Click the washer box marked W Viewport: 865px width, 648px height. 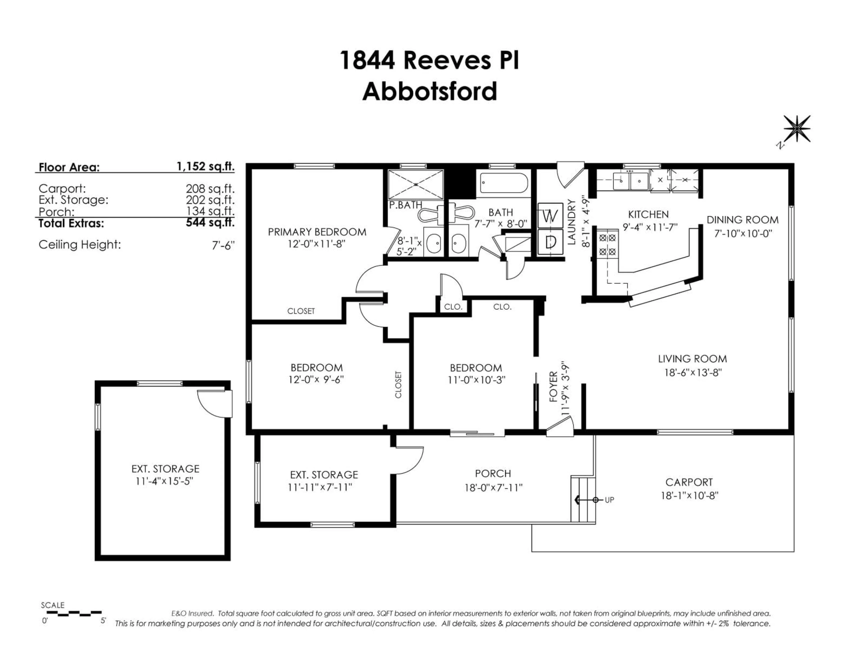[550, 216]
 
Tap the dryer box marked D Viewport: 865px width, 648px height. [550, 242]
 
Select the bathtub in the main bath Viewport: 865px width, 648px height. [504, 182]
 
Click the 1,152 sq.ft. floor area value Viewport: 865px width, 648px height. [205, 166]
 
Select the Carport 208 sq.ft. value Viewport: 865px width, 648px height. [210, 189]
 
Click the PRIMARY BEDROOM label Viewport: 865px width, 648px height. [317, 232]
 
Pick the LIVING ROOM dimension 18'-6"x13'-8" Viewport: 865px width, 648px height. [692, 372]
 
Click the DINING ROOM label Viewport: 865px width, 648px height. [742, 220]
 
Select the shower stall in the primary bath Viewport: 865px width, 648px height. [416, 184]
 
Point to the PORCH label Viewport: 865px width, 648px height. [493, 473]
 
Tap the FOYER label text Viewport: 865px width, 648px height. [553, 387]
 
